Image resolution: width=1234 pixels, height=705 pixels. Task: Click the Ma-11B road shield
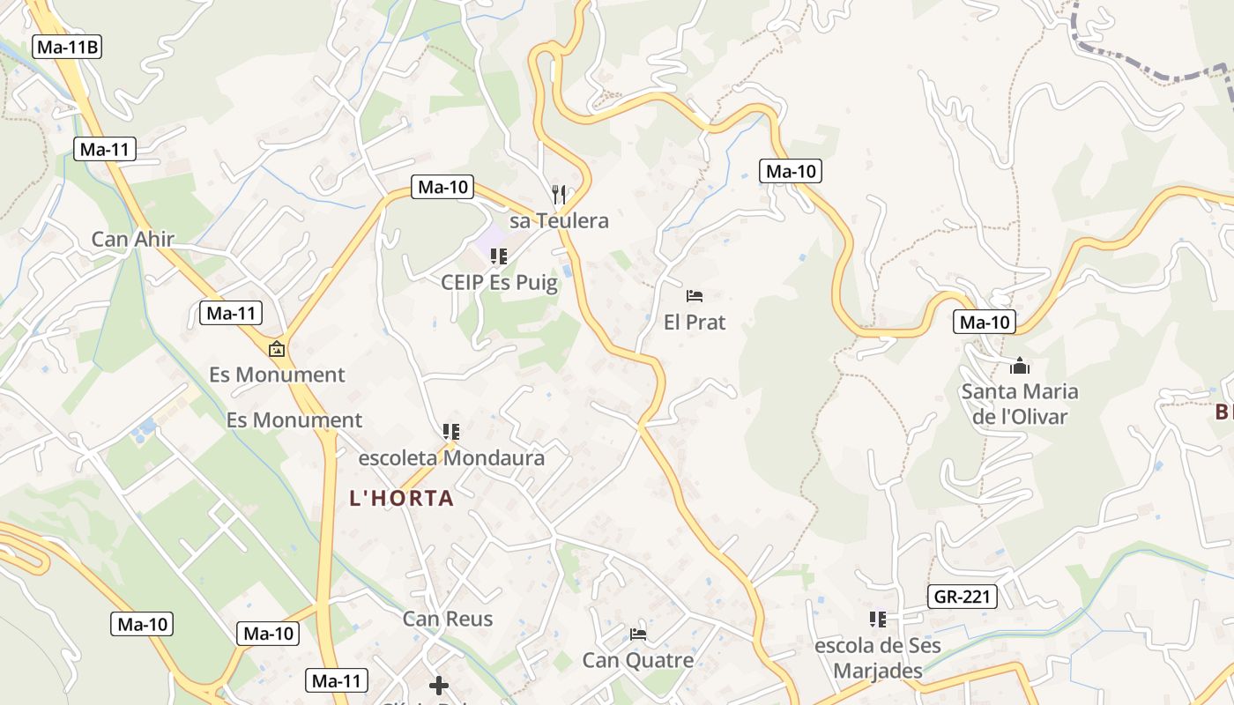pos(67,47)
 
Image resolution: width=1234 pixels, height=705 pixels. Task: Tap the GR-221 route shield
pos(962,597)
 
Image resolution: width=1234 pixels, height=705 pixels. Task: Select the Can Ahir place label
pos(133,239)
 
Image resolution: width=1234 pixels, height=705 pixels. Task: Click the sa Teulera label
pos(559,220)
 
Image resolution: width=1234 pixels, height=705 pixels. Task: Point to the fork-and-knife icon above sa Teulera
pos(558,194)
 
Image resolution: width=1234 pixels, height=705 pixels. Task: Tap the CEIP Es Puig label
pos(499,283)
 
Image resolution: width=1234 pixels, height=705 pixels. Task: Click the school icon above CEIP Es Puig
pos(499,256)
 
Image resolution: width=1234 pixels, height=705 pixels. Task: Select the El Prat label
pos(695,322)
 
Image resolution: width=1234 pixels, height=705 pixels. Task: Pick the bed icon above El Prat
pos(695,295)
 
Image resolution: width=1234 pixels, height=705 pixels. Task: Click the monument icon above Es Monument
pos(277,349)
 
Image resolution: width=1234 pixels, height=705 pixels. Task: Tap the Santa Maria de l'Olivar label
pos(1020,404)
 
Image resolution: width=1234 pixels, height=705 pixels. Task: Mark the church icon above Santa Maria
pos(1020,366)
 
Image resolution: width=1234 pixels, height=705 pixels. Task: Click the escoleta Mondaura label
pos(451,458)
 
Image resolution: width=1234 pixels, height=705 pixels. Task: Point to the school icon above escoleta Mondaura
pos(451,432)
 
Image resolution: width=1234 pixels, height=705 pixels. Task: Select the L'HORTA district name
pos(402,499)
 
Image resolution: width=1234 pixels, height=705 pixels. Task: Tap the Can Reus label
pos(448,619)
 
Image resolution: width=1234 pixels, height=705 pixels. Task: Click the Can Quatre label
pos(638,660)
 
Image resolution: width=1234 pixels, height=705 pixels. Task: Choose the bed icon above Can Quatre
pos(638,634)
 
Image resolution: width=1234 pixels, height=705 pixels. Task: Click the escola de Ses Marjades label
pos(877,657)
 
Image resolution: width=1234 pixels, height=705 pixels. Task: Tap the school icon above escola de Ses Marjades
pos(877,620)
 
